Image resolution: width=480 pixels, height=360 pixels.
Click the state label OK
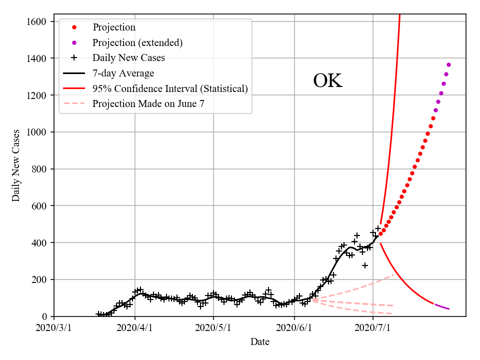(327, 81)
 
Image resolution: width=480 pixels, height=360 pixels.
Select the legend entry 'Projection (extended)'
(137, 42)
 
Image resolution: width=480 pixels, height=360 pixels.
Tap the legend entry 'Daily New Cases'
(128, 57)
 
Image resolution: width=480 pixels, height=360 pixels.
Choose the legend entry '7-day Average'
(123, 73)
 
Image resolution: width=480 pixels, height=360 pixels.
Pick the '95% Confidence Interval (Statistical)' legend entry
(170, 88)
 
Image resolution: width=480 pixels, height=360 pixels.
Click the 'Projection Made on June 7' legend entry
(148, 104)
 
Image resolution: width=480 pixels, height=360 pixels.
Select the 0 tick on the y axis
(45, 316)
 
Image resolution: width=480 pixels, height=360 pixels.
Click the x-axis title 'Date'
(260, 342)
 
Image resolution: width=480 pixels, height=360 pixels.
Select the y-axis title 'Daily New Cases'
(16, 165)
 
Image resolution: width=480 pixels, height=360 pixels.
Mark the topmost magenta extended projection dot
(448, 64)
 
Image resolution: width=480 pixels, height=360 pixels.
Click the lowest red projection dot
(380, 233)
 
